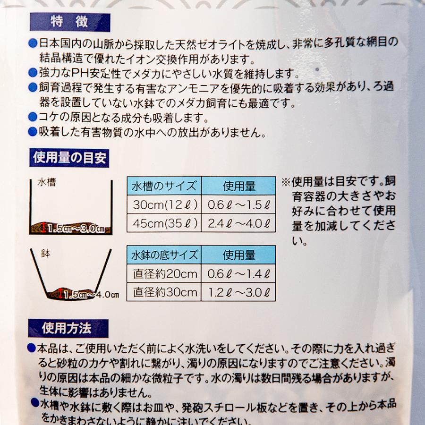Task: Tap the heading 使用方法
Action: [69, 327]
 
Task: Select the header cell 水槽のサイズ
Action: [164, 186]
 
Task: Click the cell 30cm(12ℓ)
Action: [164, 204]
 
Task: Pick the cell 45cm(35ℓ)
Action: [164, 223]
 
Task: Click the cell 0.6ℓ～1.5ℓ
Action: [239, 204]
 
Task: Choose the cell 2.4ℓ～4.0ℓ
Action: [239, 223]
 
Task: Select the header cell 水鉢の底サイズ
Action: [164, 255]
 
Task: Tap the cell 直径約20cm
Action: [164, 274]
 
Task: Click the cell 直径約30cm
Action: [164, 292]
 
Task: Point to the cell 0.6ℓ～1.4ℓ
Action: [239, 274]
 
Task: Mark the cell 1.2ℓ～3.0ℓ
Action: [239, 292]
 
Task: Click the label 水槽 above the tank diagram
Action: [46, 182]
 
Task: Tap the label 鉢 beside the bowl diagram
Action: [46, 254]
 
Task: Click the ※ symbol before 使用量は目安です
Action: [286, 182]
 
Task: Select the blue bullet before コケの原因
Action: [32, 117]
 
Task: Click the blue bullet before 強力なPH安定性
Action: [32, 74]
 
